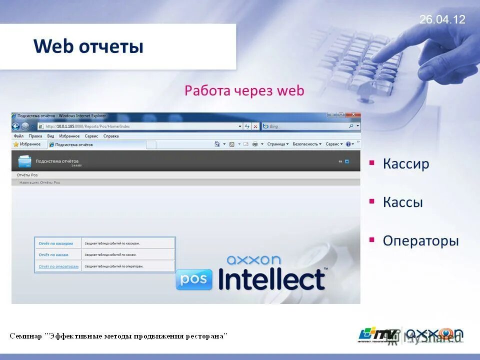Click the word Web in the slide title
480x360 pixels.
(53, 46)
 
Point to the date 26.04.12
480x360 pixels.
(442, 19)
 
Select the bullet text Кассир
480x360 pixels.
(406, 164)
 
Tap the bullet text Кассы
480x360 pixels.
(402, 202)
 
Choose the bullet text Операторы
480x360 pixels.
(420, 240)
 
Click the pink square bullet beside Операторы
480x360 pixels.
(371, 239)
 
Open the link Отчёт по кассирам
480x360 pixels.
(55, 243)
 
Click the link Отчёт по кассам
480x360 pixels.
(53, 255)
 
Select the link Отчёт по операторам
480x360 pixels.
(58, 266)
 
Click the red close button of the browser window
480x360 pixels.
(353, 114)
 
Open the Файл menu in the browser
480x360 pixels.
(18, 136)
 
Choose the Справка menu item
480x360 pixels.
(111, 136)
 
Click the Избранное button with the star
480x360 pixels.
(27, 144)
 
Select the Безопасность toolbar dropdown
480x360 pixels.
(306, 144)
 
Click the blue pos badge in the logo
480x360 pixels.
(194, 279)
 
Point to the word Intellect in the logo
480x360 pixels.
(271, 280)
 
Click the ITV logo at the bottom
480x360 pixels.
(378, 334)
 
